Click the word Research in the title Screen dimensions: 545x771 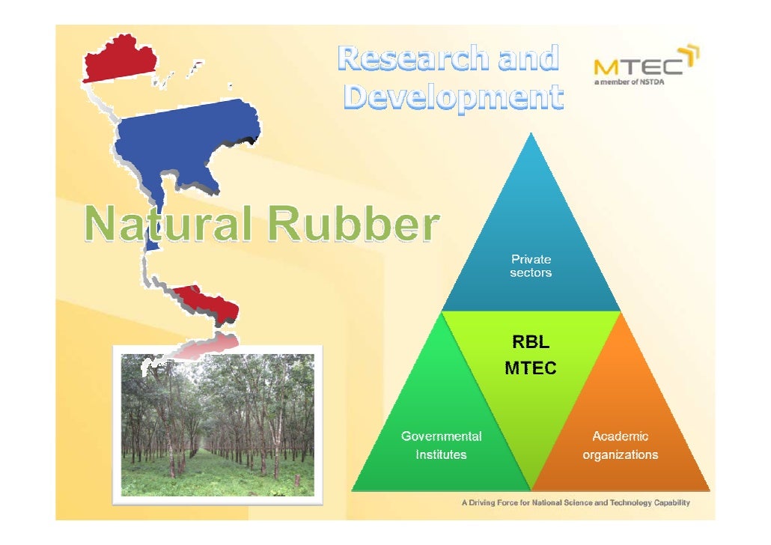pyautogui.click(x=410, y=59)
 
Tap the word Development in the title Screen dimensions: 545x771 pyautogui.click(x=452, y=98)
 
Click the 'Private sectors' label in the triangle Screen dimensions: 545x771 pyautogui.click(x=531, y=266)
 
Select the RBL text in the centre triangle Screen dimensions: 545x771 pyautogui.click(x=530, y=344)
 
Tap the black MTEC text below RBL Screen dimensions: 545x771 pyautogui.click(x=530, y=368)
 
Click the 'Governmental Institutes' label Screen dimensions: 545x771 pyautogui.click(x=442, y=445)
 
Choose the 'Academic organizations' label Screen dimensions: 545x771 pyautogui.click(x=621, y=445)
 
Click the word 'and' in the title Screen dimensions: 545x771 pyautogui.click(x=529, y=59)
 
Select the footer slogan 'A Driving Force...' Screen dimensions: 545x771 pyautogui.click(x=575, y=502)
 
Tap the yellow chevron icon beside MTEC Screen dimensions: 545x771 pyautogui.click(x=692, y=55)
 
